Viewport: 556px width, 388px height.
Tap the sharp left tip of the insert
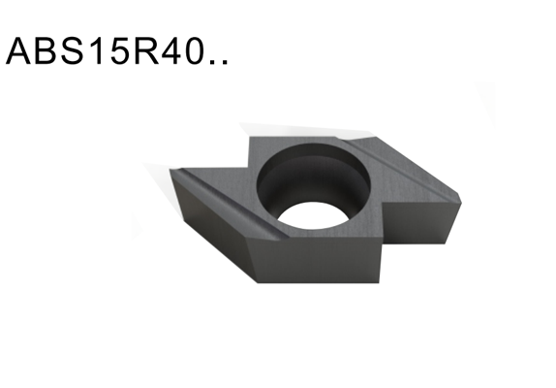(x=172, y=172)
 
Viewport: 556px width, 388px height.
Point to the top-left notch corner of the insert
(x=251, y=139)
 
